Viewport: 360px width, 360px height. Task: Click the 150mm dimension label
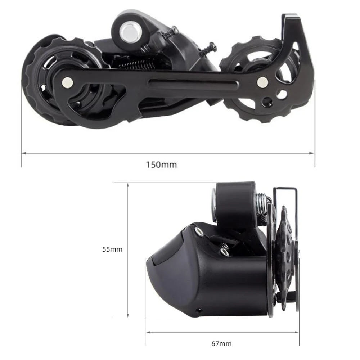pyautogui.click(x=161, y=165)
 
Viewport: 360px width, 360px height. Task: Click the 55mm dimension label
pyautogui.click(x=112, y=249)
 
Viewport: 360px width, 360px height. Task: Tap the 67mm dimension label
pyautogui.click(x=221, y=344)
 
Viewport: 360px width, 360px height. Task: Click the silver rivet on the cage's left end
pyautogui.click(x=67, y=82)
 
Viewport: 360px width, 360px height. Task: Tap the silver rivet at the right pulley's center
pyautogui.click(x=262, y=82)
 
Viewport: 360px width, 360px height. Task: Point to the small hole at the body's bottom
pyautogui.click(x=198, y=309)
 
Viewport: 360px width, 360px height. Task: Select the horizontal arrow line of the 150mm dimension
pyautogui.click(x=108, y=153)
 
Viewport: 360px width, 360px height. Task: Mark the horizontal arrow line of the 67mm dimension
pyautogui.click(x=180, y=332)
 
